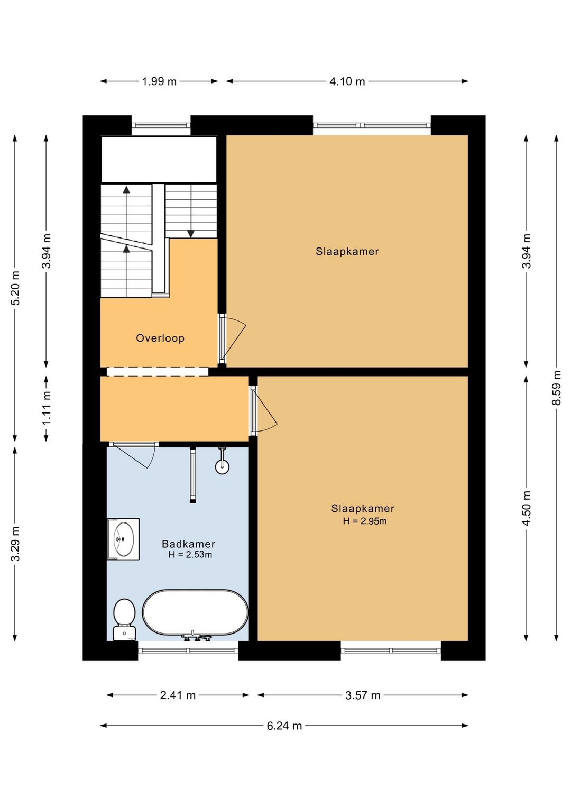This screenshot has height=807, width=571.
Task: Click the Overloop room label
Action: click(160, 338)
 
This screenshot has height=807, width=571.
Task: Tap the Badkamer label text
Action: click(188, 544)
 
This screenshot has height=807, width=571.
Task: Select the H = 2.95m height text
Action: click(365, 521)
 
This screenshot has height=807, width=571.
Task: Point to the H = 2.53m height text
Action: click(190, 555)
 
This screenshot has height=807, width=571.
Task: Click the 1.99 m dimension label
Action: click(159, 82)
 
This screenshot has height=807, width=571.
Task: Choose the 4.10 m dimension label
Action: click(347, 82)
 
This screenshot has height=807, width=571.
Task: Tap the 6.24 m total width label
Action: click(284, 726)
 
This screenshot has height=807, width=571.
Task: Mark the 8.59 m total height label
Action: click(557, 388)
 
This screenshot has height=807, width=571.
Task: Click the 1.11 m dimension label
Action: click(46, 409)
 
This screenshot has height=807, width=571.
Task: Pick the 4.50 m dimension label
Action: click(527, 508)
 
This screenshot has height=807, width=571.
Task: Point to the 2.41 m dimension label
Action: click(178, 695)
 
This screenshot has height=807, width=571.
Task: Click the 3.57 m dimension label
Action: click(363, 695)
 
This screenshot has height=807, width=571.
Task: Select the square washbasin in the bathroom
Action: click(123, 539)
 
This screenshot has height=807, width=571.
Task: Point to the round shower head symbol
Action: click(222, 467)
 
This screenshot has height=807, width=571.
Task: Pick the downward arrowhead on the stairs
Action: click(191, 234)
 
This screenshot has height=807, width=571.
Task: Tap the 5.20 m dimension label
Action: click(15, 288)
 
